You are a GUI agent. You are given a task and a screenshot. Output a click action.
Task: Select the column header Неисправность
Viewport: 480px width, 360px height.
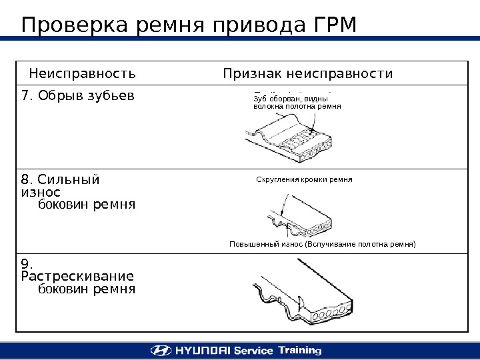click(82, 73)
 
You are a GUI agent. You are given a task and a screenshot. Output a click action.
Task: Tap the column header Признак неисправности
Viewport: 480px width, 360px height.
click(308, 73)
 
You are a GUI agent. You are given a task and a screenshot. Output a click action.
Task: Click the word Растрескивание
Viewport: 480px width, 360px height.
click(77, 276)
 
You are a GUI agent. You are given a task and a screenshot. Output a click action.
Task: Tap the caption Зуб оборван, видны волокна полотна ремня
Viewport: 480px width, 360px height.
click(297, 102)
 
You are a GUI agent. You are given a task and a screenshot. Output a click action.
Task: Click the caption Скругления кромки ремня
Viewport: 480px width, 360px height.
click(304, 180)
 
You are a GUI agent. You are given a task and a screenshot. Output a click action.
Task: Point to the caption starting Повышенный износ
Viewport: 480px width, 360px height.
click(322, 245)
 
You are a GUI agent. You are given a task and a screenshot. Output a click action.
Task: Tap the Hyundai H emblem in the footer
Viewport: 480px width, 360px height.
click(160, 350)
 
